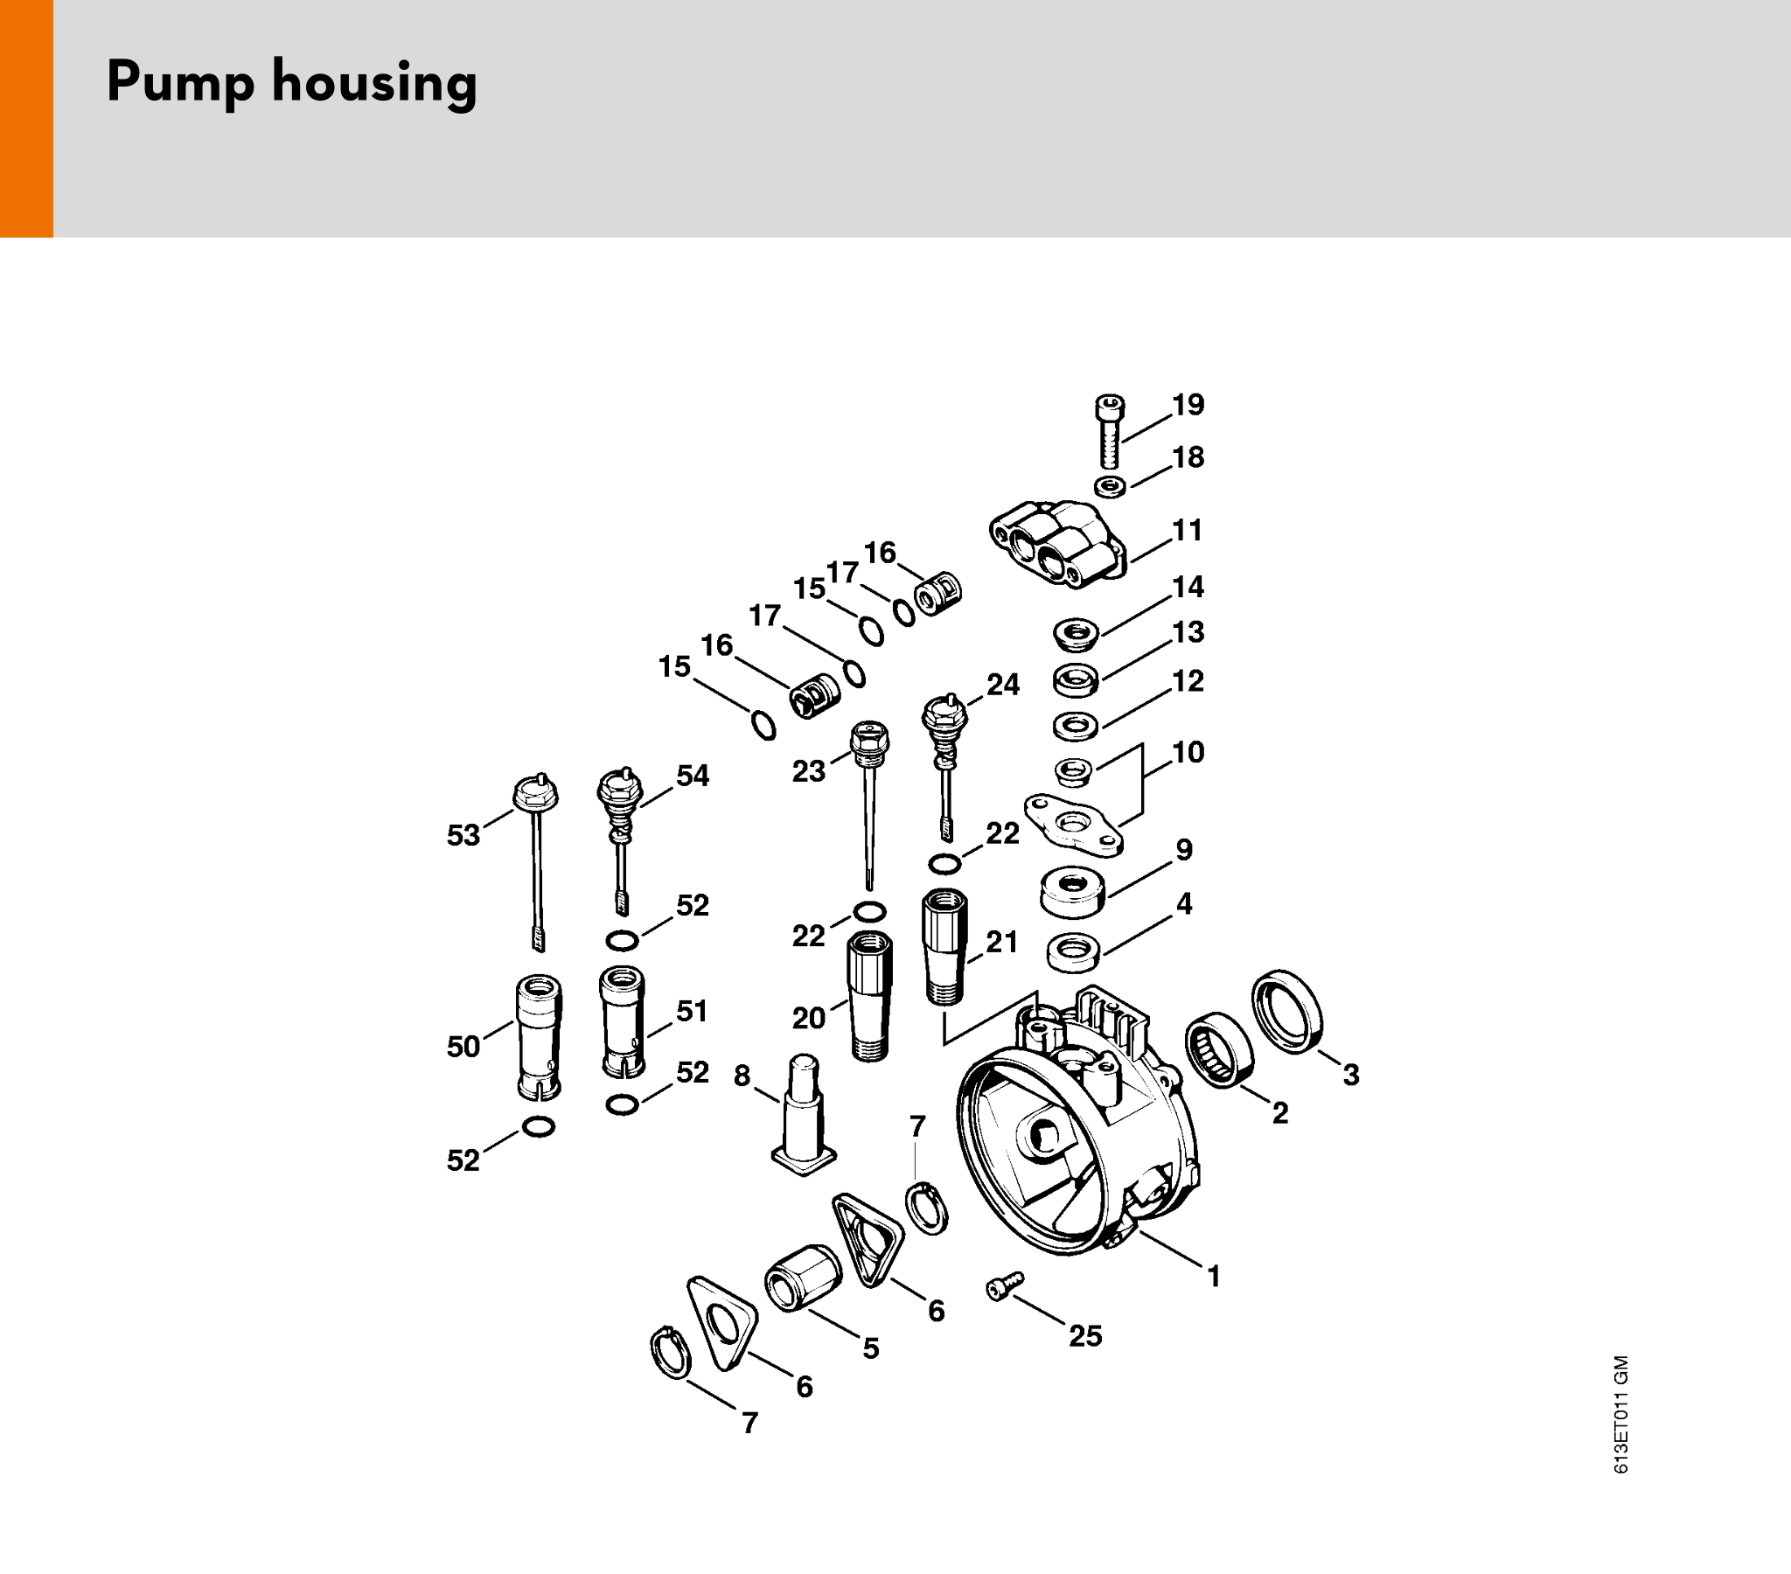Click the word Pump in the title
pyautogui.click(x=180, y=82)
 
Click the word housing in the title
pyautogui.click(x=375, y=83)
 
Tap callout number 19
pyautogui.click(x=1188, y=405)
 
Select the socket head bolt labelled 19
pyautogui.click(x=1109, y=431)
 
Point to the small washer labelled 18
pyautogui.click(x=1111, y=486)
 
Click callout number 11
pyautogui.click(x=1188, y=530)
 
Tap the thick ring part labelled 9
pyautogui.click(x=1072, y=892)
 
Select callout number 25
pyautogui.click(x=1084, y=1335)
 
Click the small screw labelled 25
pyautogui.click(x=1004, y=1285)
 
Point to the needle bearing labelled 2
pyautogui.click(x=1220, y=1050)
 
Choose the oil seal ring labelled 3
pyautogui.click(x=1286, y=1012)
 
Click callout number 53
pyautogui.click(x=463, y=835)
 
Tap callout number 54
pyautogui.click(x=693, y=776)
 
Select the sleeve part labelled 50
pyautogui.click(x=538, y=1037)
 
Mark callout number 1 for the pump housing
pyautogui.click(x=1214, y=1277)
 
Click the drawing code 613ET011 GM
pyautogui.click(x=1621, y=1415)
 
